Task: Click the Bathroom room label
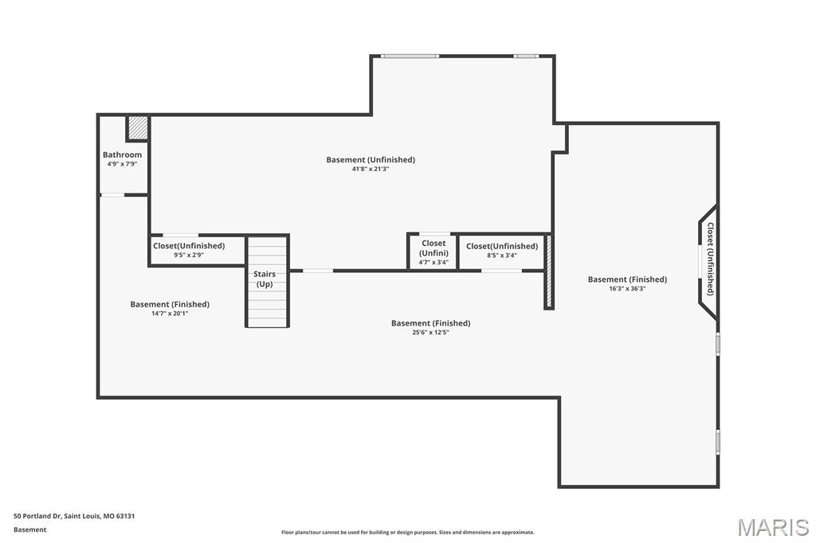click(x=122, y=154)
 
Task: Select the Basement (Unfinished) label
click(x=371, y=159)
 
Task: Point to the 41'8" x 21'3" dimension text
click(x=371, y=169)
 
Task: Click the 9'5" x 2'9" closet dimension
click(x=189, y=255)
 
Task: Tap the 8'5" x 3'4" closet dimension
click(x=502, y=256)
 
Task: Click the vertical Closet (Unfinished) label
click(x=710, y=258)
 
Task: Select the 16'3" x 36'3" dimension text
click(x=627, y=288)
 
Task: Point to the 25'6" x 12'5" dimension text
click(x=430, y=332)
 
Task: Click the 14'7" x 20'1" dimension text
click(x=170, y=313)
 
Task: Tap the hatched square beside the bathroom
click(x=138, y=127)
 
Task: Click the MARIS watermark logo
click(x=772, y=527)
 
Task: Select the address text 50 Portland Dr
click(x=74, y=516)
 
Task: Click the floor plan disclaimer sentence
click(x=407, y=533)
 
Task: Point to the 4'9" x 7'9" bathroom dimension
click(x=122, y=164)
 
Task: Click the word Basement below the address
click(x=30, y=529)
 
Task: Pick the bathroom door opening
click(x=112, y=194)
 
